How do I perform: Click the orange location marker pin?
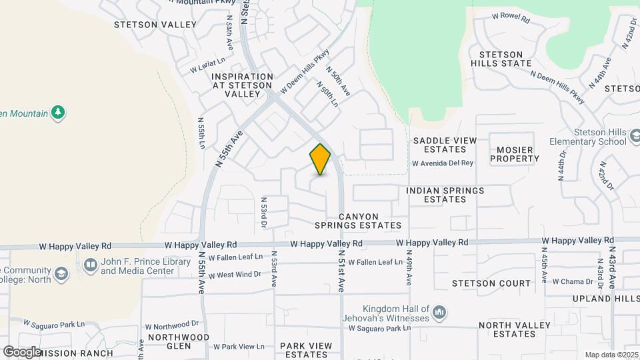coord(320,159)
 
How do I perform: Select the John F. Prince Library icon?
coord(90,266)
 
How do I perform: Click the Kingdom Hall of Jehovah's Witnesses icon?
coord(439,312)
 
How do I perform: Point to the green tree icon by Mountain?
coord(59,112)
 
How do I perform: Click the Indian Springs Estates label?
coord(445,195)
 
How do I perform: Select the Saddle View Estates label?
coord(445,145)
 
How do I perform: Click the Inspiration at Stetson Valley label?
coord(242,85)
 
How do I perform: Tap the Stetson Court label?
coord(491,283)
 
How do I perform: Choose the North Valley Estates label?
coord(515,330)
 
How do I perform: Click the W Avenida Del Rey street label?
coord(442,163)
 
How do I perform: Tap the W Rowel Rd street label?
coord(511,17)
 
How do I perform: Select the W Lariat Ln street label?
coord(205,67)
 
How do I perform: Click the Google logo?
coord(22,351)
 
